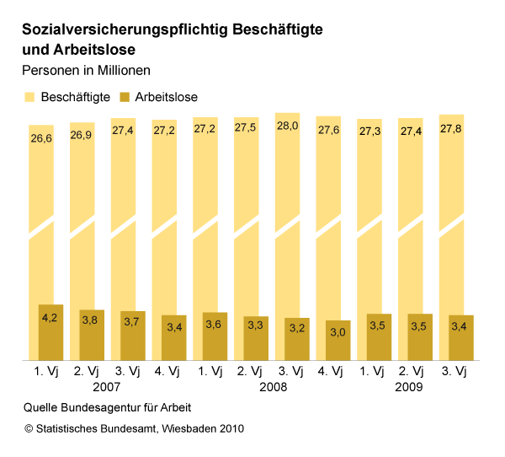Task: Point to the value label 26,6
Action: (41, 137)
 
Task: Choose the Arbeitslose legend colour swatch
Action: (127, 97)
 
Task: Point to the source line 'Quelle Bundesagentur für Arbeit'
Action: (108, 408)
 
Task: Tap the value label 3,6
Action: (214, 324)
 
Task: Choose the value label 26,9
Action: (82, 135)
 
